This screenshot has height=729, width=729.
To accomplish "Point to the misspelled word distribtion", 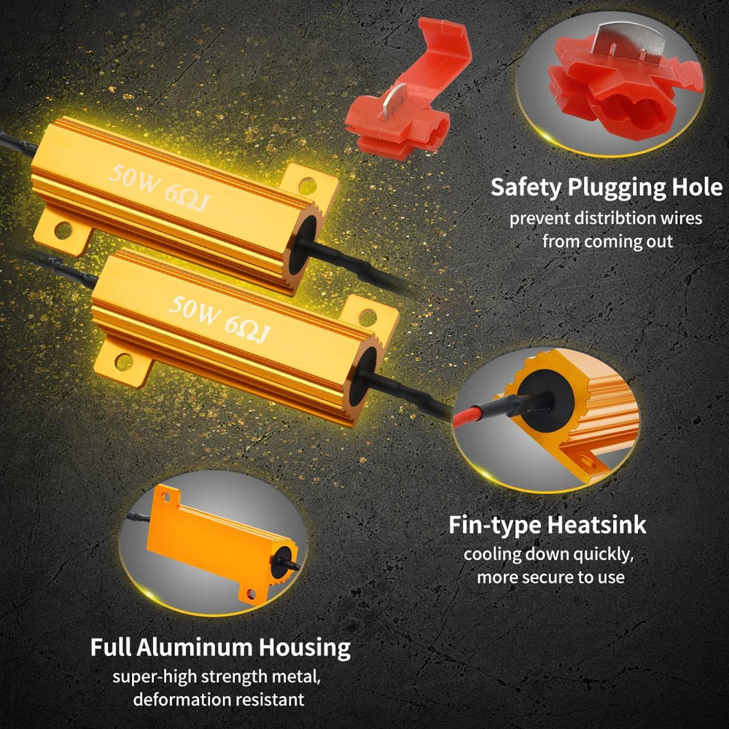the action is click(606, 218).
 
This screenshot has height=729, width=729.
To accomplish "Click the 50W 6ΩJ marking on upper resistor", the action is click(160, 188).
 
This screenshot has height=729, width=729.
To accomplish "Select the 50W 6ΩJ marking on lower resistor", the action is click(219, 320).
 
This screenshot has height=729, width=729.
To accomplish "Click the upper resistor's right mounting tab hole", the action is click(308, 185).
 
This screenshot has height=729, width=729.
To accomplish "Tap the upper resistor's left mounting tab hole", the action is click(63, 230).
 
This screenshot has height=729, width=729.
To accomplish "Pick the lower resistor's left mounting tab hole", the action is click(123, 362).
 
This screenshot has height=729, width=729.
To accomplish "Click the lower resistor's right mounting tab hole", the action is click(367, 318).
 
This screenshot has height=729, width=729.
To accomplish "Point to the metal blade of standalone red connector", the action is click(391, 99).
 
